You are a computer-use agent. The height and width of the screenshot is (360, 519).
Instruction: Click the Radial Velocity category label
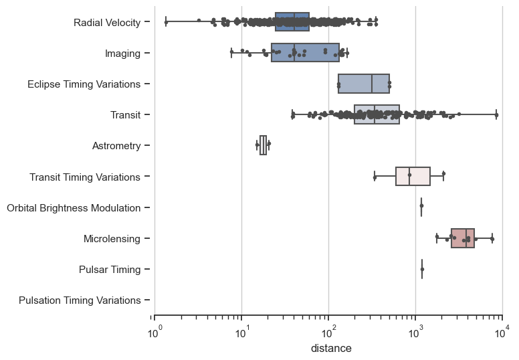[107, 22]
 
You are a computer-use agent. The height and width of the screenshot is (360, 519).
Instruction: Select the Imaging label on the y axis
[122, 53]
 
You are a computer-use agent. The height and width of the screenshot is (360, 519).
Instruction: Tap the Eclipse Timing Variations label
[84, 84]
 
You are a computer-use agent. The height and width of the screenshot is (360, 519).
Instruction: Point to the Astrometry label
[116, 146]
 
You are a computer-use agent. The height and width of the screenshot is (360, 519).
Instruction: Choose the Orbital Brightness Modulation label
[74, 207]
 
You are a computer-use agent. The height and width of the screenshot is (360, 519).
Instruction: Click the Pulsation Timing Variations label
[80, 300]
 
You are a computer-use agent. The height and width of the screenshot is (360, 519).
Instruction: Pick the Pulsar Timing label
[110, 270]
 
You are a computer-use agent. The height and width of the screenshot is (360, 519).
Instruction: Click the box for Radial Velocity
[292, 22]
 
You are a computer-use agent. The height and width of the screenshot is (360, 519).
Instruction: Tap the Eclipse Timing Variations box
[364, 84]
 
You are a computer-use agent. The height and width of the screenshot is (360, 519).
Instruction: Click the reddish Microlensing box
[463, 238]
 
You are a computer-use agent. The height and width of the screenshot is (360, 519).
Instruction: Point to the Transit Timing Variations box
[413, 177]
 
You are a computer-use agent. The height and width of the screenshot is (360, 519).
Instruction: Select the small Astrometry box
[263, 145]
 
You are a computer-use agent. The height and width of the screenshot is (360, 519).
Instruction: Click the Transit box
[377, 114]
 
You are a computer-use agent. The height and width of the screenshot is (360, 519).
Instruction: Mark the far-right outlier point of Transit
[497, 115]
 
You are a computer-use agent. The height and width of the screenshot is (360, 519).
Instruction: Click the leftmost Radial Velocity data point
[166, 22]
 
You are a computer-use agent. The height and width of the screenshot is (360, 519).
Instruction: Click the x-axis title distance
[328, 349]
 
